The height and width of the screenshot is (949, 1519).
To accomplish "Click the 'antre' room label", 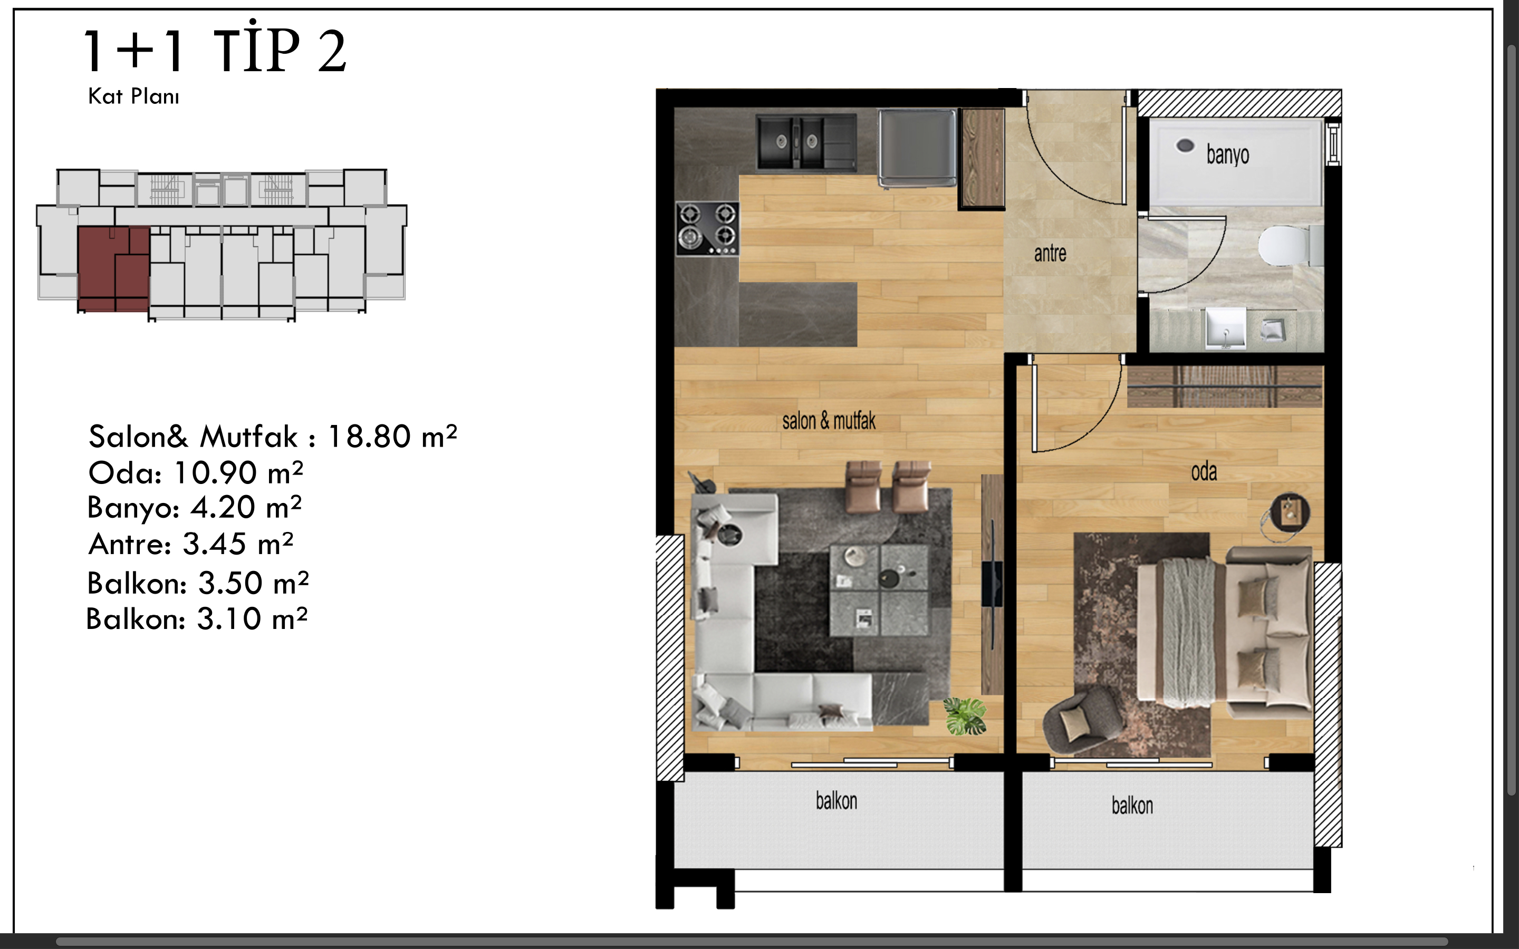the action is tap(1050, 254).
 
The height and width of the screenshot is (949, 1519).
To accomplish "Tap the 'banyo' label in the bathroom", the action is tap(1228, 154).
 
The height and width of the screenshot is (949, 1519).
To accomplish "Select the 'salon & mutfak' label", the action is tap(829, 421).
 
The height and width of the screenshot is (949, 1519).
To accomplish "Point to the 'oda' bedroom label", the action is tap(1204, 472).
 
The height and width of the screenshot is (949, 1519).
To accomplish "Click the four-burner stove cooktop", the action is tap(707, 228).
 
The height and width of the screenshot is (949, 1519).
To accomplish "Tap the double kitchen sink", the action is tap(806, 142).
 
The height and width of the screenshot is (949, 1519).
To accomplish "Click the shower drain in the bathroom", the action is tap(1185, 146).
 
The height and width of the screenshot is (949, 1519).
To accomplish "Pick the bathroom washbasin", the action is tap(1225, 327).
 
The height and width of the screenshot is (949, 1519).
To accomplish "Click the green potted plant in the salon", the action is tap(965, 715).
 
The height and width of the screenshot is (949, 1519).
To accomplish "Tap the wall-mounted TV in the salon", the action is tap(992, 584).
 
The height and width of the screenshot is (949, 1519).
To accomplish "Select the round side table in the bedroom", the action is tap(1289, 514).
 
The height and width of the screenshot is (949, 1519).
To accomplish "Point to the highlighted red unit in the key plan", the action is tap(113, 269).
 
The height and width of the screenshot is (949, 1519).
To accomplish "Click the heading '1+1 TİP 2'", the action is tap(215, 50).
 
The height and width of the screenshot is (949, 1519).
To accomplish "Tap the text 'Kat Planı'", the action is tap(133, 96).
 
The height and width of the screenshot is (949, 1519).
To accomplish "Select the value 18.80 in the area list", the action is tap(369, 436).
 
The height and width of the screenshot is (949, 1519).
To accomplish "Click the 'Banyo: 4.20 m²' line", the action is tap(195, 507).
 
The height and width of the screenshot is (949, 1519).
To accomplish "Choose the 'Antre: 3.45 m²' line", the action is tap(191, 544).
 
